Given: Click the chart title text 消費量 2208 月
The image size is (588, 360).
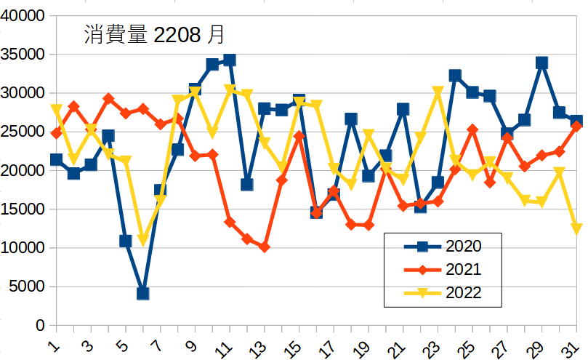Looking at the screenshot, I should tap(153, 34).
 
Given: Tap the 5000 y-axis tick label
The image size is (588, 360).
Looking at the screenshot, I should tap(28, 287).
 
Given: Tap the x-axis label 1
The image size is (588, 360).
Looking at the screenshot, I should tap(54, 343).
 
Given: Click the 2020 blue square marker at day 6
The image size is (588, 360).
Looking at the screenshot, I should tap(142, 293).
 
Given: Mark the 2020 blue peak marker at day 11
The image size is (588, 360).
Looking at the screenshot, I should tap(230, 60).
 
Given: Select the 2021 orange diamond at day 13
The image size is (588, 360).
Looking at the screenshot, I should tap(264, 247).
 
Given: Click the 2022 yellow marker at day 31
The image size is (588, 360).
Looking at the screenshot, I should tap(577, 229).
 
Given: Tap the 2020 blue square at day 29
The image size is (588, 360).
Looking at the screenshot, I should tap(542, 63).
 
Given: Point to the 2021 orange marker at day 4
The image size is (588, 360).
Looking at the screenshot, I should tap(108, 98).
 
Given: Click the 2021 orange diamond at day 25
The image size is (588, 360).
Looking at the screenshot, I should tap(472, 129).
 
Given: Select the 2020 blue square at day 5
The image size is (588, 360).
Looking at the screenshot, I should tap(126, 241).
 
